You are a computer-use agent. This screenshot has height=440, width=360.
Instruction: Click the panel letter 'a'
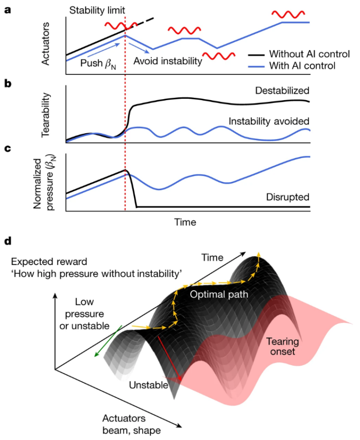(x=8, y=9)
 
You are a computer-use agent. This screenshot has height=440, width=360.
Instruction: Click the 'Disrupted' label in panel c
(x=288, y=197)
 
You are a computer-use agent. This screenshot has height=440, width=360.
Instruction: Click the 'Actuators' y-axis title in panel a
(x=47, y=45)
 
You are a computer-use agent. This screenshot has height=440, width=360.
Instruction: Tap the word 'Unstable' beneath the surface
(x=148, y=385)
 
